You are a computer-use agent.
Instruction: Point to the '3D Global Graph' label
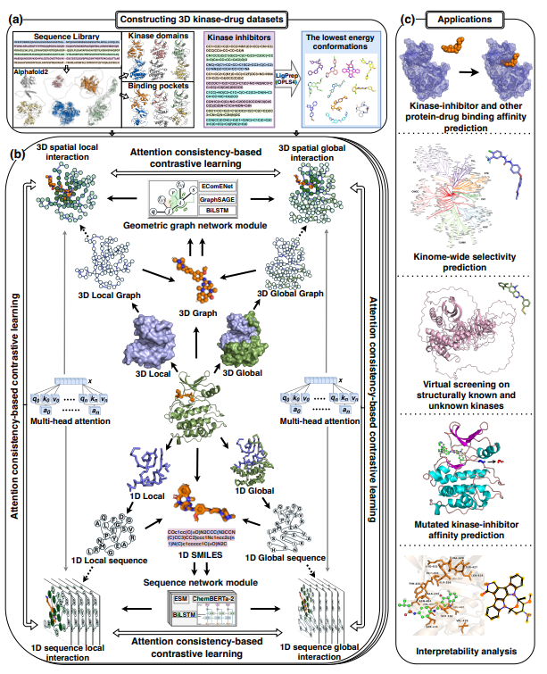292,292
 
